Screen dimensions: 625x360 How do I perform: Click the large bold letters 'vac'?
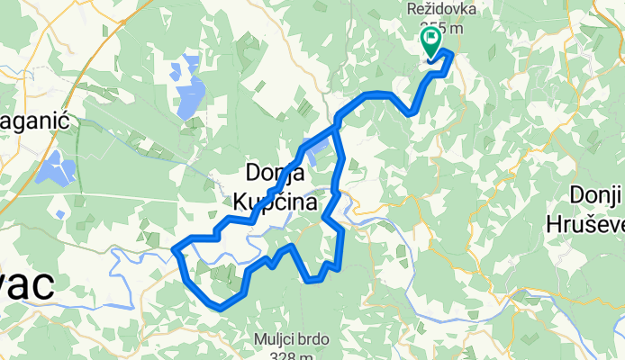[26, 287]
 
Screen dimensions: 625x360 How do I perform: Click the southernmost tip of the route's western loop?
[219, 308]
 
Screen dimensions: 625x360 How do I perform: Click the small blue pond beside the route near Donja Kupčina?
[312, 157]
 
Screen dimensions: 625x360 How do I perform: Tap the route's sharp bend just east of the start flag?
[449, 57]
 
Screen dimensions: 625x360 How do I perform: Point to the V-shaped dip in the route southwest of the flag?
[411, 113]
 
